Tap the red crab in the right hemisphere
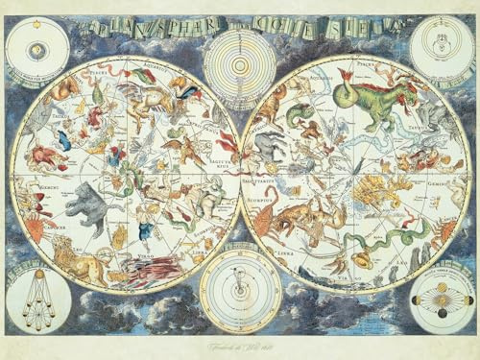pyautogui.click(x=447, y=230)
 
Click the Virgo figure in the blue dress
pyautogui.click(x=144, y=230)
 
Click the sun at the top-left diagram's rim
pyautogui.click(x=36, y=45)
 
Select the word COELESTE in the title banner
pyautogui.click(x=336, y=26)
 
